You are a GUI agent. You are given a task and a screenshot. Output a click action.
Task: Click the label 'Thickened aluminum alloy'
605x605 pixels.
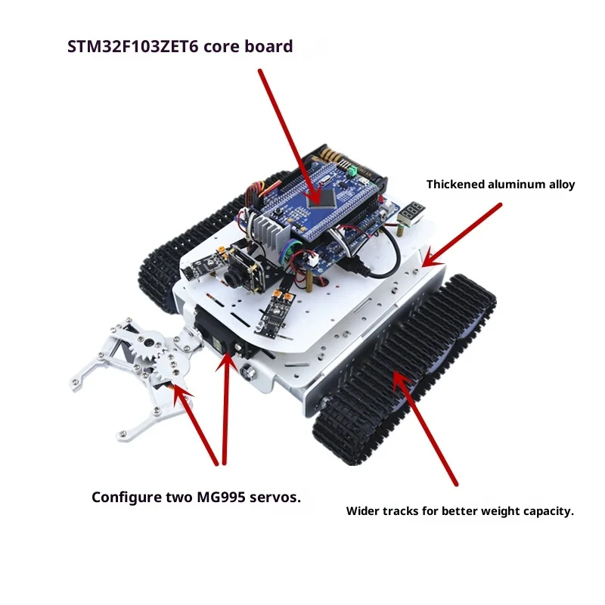[501, 185]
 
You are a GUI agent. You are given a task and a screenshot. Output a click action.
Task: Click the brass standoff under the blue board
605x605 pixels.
[310, 279]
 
